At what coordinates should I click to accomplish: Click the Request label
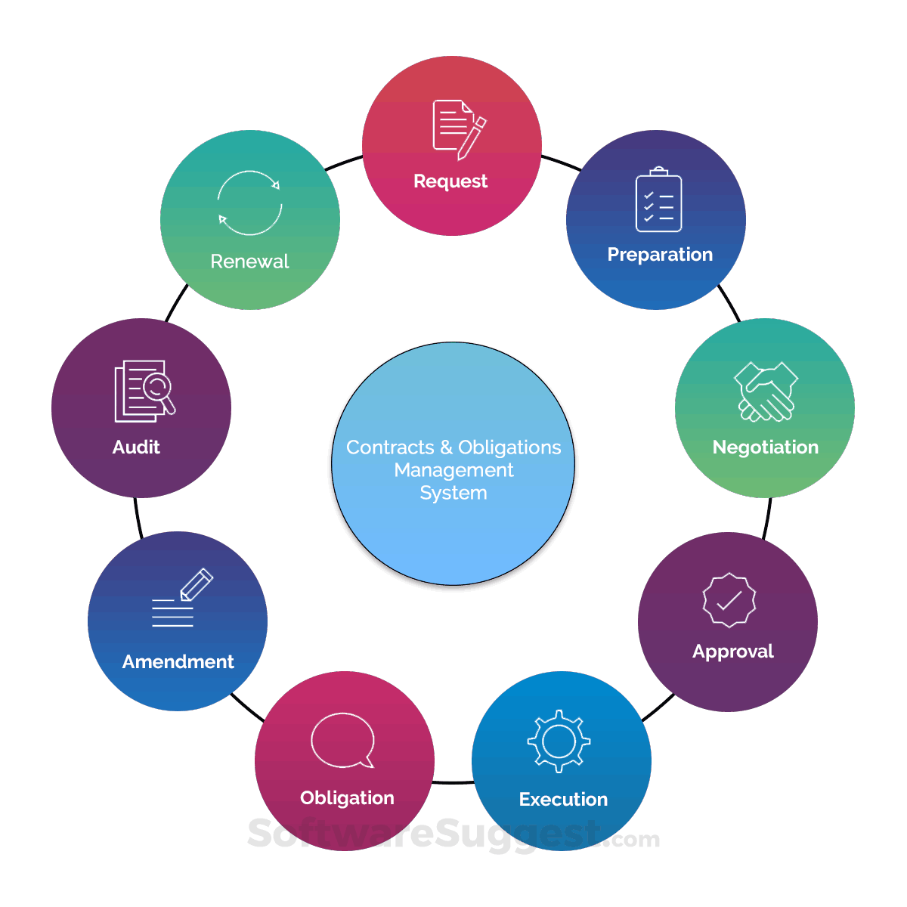click(450, 181)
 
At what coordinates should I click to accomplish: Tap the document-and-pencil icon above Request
click(460, 130)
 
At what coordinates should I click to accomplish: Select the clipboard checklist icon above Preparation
click(658, 199)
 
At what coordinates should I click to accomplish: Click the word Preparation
click(660, 255)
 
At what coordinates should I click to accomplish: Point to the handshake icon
click(766, 392)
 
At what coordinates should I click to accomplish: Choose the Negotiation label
click(766, 447)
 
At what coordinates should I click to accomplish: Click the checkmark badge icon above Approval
click(729, 599)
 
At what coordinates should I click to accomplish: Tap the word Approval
click(733, 652)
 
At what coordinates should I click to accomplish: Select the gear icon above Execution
click(559, 741)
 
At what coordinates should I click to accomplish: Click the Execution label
click(563, 799)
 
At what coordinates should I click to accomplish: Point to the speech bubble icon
click(342, 741)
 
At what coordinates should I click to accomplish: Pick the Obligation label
click(348, 798)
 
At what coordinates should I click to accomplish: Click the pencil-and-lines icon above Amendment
click(182, 598)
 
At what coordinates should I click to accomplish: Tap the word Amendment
click(178, 662)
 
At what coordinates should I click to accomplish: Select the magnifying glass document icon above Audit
click(144, 391)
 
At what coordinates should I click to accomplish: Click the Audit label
click(136, 447)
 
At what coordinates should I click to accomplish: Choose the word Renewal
click(249, 262)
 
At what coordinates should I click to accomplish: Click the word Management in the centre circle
click(453, 470)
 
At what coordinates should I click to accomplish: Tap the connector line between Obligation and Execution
click(453, 782)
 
